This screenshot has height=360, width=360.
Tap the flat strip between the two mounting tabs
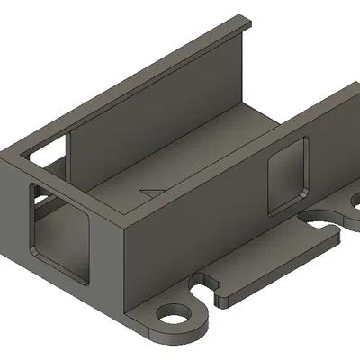coord(270,261)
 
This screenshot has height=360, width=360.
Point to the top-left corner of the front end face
coord(4,157)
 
